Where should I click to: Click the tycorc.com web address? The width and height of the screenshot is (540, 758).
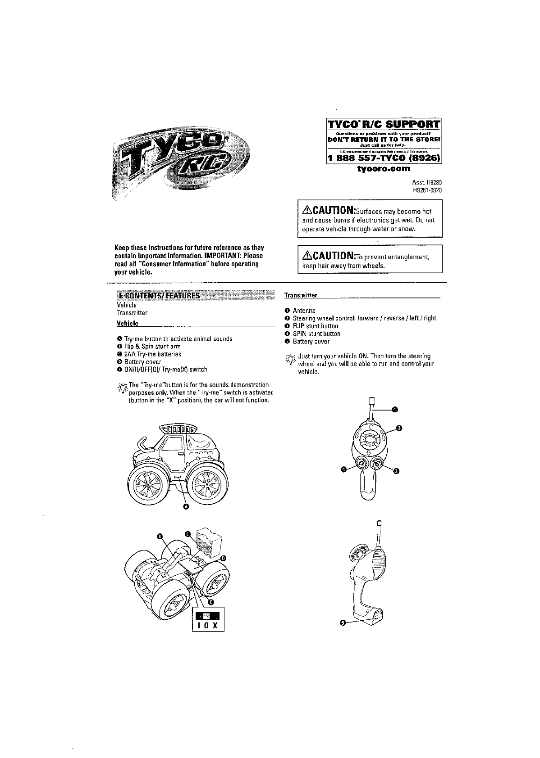click(x=384, y=169)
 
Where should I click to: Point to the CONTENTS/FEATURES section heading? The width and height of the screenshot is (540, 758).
click(x=159, y=296)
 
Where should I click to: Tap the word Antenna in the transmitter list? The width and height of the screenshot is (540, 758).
click(x=304, y=311)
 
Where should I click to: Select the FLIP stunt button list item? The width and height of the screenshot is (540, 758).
click(x=316, y=326)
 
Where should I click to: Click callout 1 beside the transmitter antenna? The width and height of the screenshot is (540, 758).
click(x=394, y=410)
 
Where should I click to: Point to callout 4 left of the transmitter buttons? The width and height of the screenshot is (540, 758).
click(x=344, y=470)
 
